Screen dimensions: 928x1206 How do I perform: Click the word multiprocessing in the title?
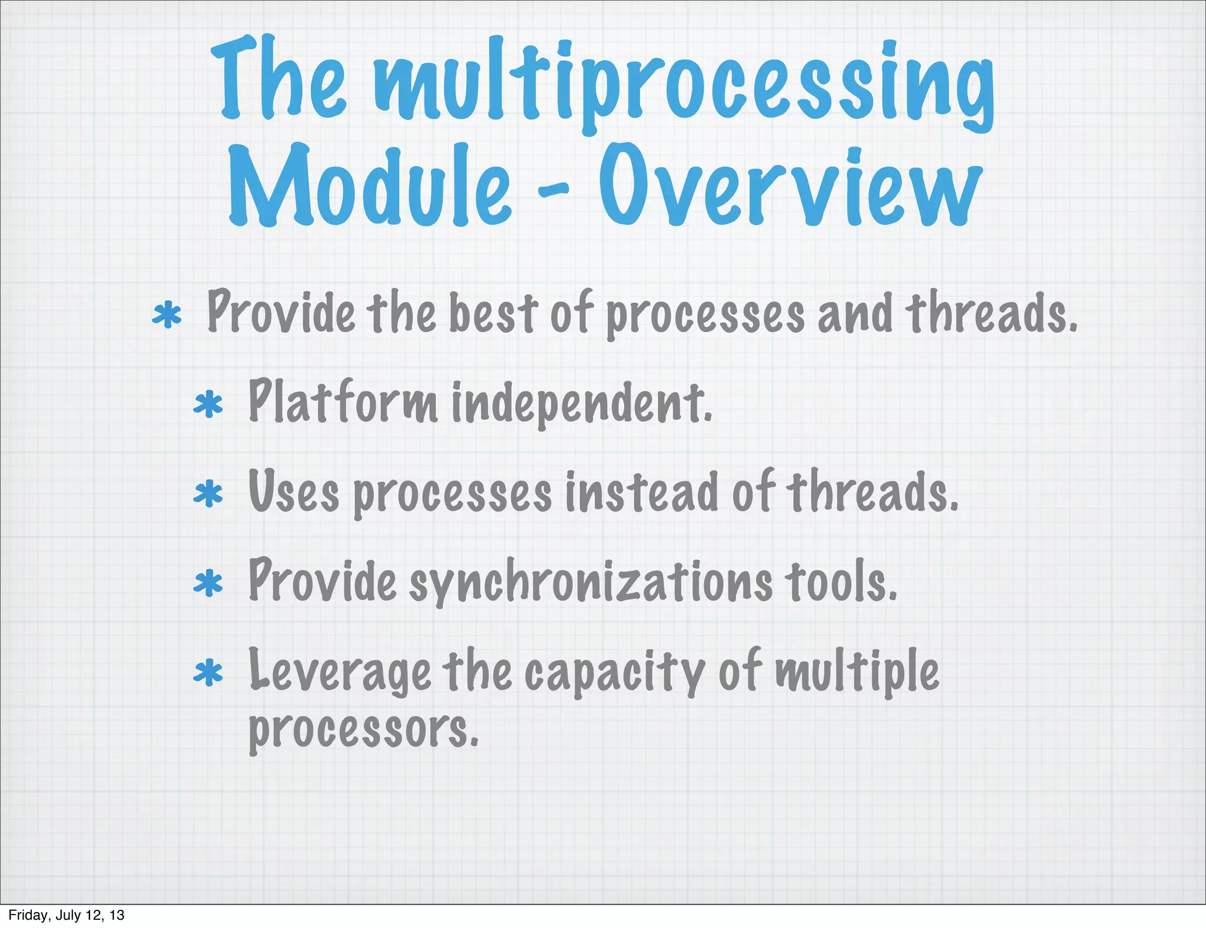coord(683,82)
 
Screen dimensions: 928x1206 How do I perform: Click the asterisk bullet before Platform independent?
coord(208,405)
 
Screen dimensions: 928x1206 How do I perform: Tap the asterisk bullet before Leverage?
coord(208,674)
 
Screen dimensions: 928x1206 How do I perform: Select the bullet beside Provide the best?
coord(167,315)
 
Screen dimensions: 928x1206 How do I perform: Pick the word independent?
coord(582,405)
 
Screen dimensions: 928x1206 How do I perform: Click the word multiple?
coord(857,671)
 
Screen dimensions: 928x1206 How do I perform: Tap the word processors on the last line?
coord(363,730)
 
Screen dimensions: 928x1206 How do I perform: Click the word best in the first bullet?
coord(493,314)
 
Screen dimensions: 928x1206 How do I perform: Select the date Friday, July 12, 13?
coord(67,915)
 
